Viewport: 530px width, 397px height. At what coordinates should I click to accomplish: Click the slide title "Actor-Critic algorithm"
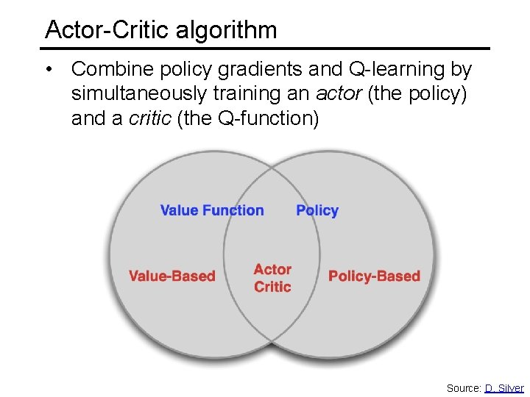coord(161,29)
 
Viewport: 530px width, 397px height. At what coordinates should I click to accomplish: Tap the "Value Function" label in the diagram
coord(212,210)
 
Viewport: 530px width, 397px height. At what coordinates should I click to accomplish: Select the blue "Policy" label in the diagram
coord(317,210)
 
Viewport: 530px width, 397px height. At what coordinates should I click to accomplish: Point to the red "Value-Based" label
coord(172,276)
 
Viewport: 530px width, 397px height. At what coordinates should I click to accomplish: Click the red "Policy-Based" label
coord(374,276)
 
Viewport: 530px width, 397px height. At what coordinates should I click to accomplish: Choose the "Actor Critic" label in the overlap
coord(272,278)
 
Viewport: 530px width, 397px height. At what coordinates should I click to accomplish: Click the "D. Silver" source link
coord(504,387)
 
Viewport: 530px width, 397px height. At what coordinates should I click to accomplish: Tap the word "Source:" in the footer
coord(464,387)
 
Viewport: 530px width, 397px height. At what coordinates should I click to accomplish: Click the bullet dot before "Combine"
coord(48,70)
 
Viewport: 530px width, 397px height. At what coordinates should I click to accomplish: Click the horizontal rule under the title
coord(265,49)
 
